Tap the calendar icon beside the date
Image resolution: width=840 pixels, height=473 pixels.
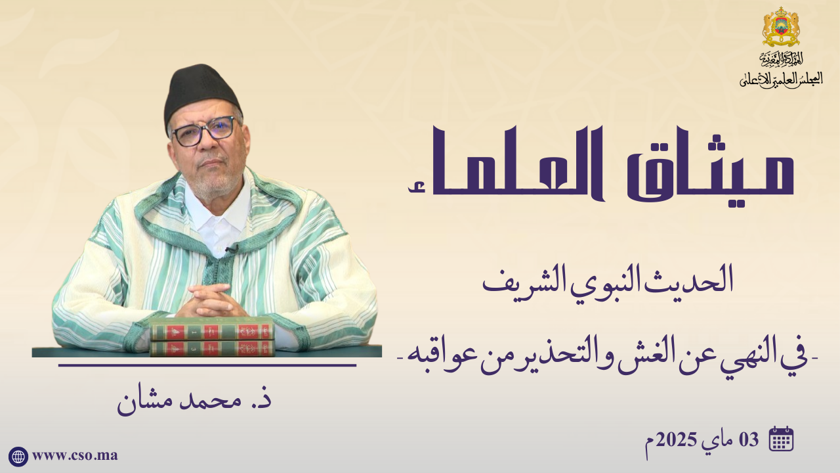(x=781, y=438)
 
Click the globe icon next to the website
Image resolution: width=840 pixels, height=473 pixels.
(x=18, y=457)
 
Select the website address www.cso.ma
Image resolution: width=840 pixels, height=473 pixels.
(x=75, y=456)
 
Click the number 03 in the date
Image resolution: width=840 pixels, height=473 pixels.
(x=749, y=439)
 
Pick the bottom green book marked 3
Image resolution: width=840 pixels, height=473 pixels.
(x=212, y=348)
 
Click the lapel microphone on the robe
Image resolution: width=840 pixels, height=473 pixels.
(x=232, y=248)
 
